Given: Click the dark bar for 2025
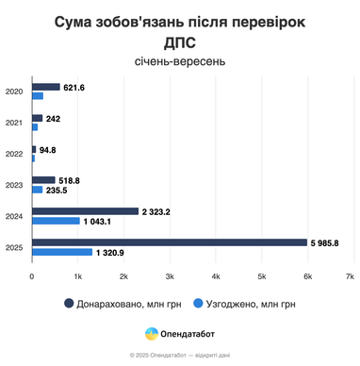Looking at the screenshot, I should pos(170,242).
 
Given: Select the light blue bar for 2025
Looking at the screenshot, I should pos(62,252).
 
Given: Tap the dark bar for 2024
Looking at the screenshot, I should pos(85,211).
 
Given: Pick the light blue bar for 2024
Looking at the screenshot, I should pos(56,221).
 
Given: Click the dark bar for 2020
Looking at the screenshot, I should pos(46,87).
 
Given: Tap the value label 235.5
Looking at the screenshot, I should pos(58,190).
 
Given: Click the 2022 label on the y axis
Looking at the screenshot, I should pos(14,154).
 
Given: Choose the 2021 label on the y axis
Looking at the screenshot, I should pos(14,123).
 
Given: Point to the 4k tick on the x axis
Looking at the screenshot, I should pos(216,276).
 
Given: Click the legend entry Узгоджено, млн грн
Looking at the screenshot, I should pos(245,304).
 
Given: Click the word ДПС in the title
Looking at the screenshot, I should pos(180,42).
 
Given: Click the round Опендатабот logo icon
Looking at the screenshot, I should pos(151,334).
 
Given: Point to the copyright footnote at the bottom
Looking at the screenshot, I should pos(180,356).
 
